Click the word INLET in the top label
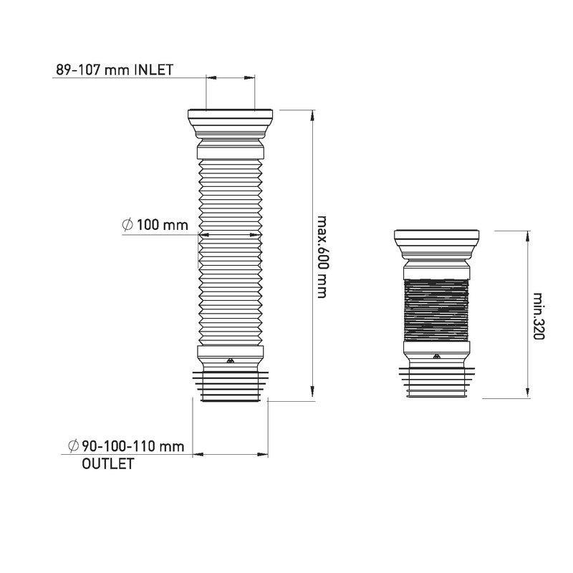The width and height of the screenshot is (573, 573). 154,69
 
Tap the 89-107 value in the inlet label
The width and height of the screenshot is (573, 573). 78,69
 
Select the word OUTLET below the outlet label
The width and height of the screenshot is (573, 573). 108,463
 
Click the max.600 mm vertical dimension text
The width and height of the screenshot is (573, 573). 321,257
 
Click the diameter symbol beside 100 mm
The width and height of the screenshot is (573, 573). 127,224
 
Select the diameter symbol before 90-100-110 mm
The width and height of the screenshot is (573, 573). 74,446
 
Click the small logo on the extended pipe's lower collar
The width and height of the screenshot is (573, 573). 230,361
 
